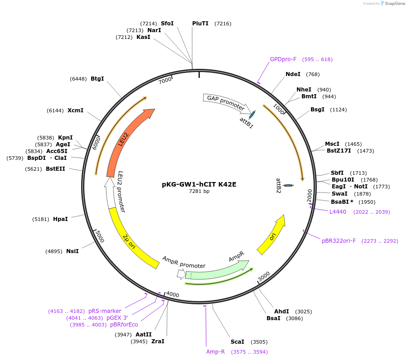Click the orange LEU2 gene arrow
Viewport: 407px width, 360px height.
122,140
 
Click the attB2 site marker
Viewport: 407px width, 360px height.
288,185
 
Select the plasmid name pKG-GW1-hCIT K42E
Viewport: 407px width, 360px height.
199,184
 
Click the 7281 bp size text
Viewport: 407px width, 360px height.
199,192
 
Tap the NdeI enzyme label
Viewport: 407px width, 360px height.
293,74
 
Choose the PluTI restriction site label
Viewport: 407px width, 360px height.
200,23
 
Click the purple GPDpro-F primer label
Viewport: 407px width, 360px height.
283,59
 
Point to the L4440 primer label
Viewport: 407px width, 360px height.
338,211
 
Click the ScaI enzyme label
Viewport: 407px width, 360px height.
237,342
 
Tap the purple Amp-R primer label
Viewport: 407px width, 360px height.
215,352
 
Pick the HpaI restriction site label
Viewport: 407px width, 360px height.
60,219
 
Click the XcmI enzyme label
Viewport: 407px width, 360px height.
75,110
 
